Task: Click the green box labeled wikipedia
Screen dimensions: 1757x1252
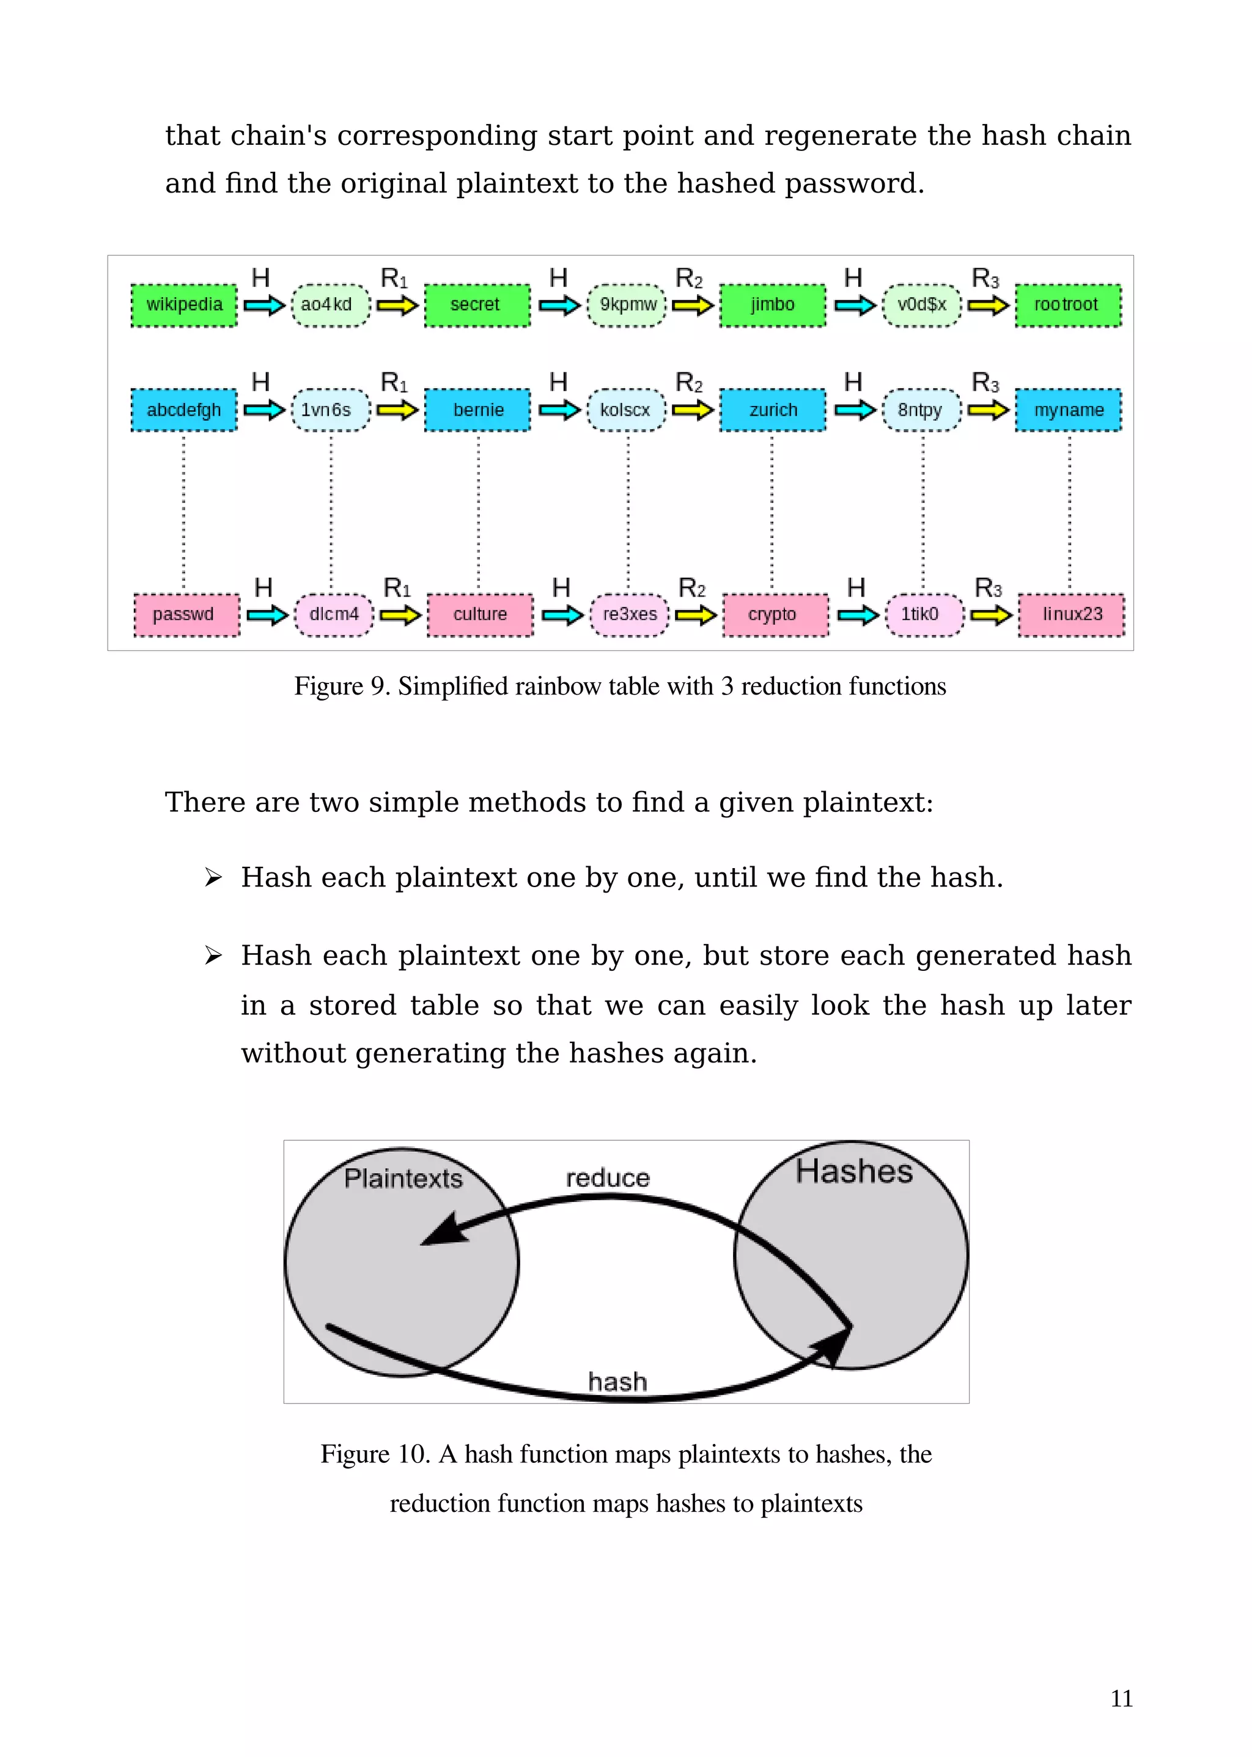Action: coord(184,304)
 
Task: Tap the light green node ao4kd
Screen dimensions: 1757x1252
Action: coord(330,304)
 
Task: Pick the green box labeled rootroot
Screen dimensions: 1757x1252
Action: coord(1068,304)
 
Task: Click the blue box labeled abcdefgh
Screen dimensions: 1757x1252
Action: coord(184,410)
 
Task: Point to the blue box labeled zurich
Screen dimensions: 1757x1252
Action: coord(773,410)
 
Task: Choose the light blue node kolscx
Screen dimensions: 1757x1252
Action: coord(626,410)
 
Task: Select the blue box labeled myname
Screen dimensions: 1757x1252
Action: coord(1069,410)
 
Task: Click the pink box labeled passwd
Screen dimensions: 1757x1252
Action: coord(186,614)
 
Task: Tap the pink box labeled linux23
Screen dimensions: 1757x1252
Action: coord(1072,614)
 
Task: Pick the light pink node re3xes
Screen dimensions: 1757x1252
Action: coord(629,614)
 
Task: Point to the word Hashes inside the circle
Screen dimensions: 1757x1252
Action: coord(854,1171)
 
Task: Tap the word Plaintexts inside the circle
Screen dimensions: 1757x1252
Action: coord(403,1179)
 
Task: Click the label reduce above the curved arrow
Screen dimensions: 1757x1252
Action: coord(608,1178)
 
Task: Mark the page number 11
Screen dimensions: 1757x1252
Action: coord(1121,1698)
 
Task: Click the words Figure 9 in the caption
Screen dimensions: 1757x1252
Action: coord(339,686)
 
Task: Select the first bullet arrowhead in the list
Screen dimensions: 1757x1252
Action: coord(213,877)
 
